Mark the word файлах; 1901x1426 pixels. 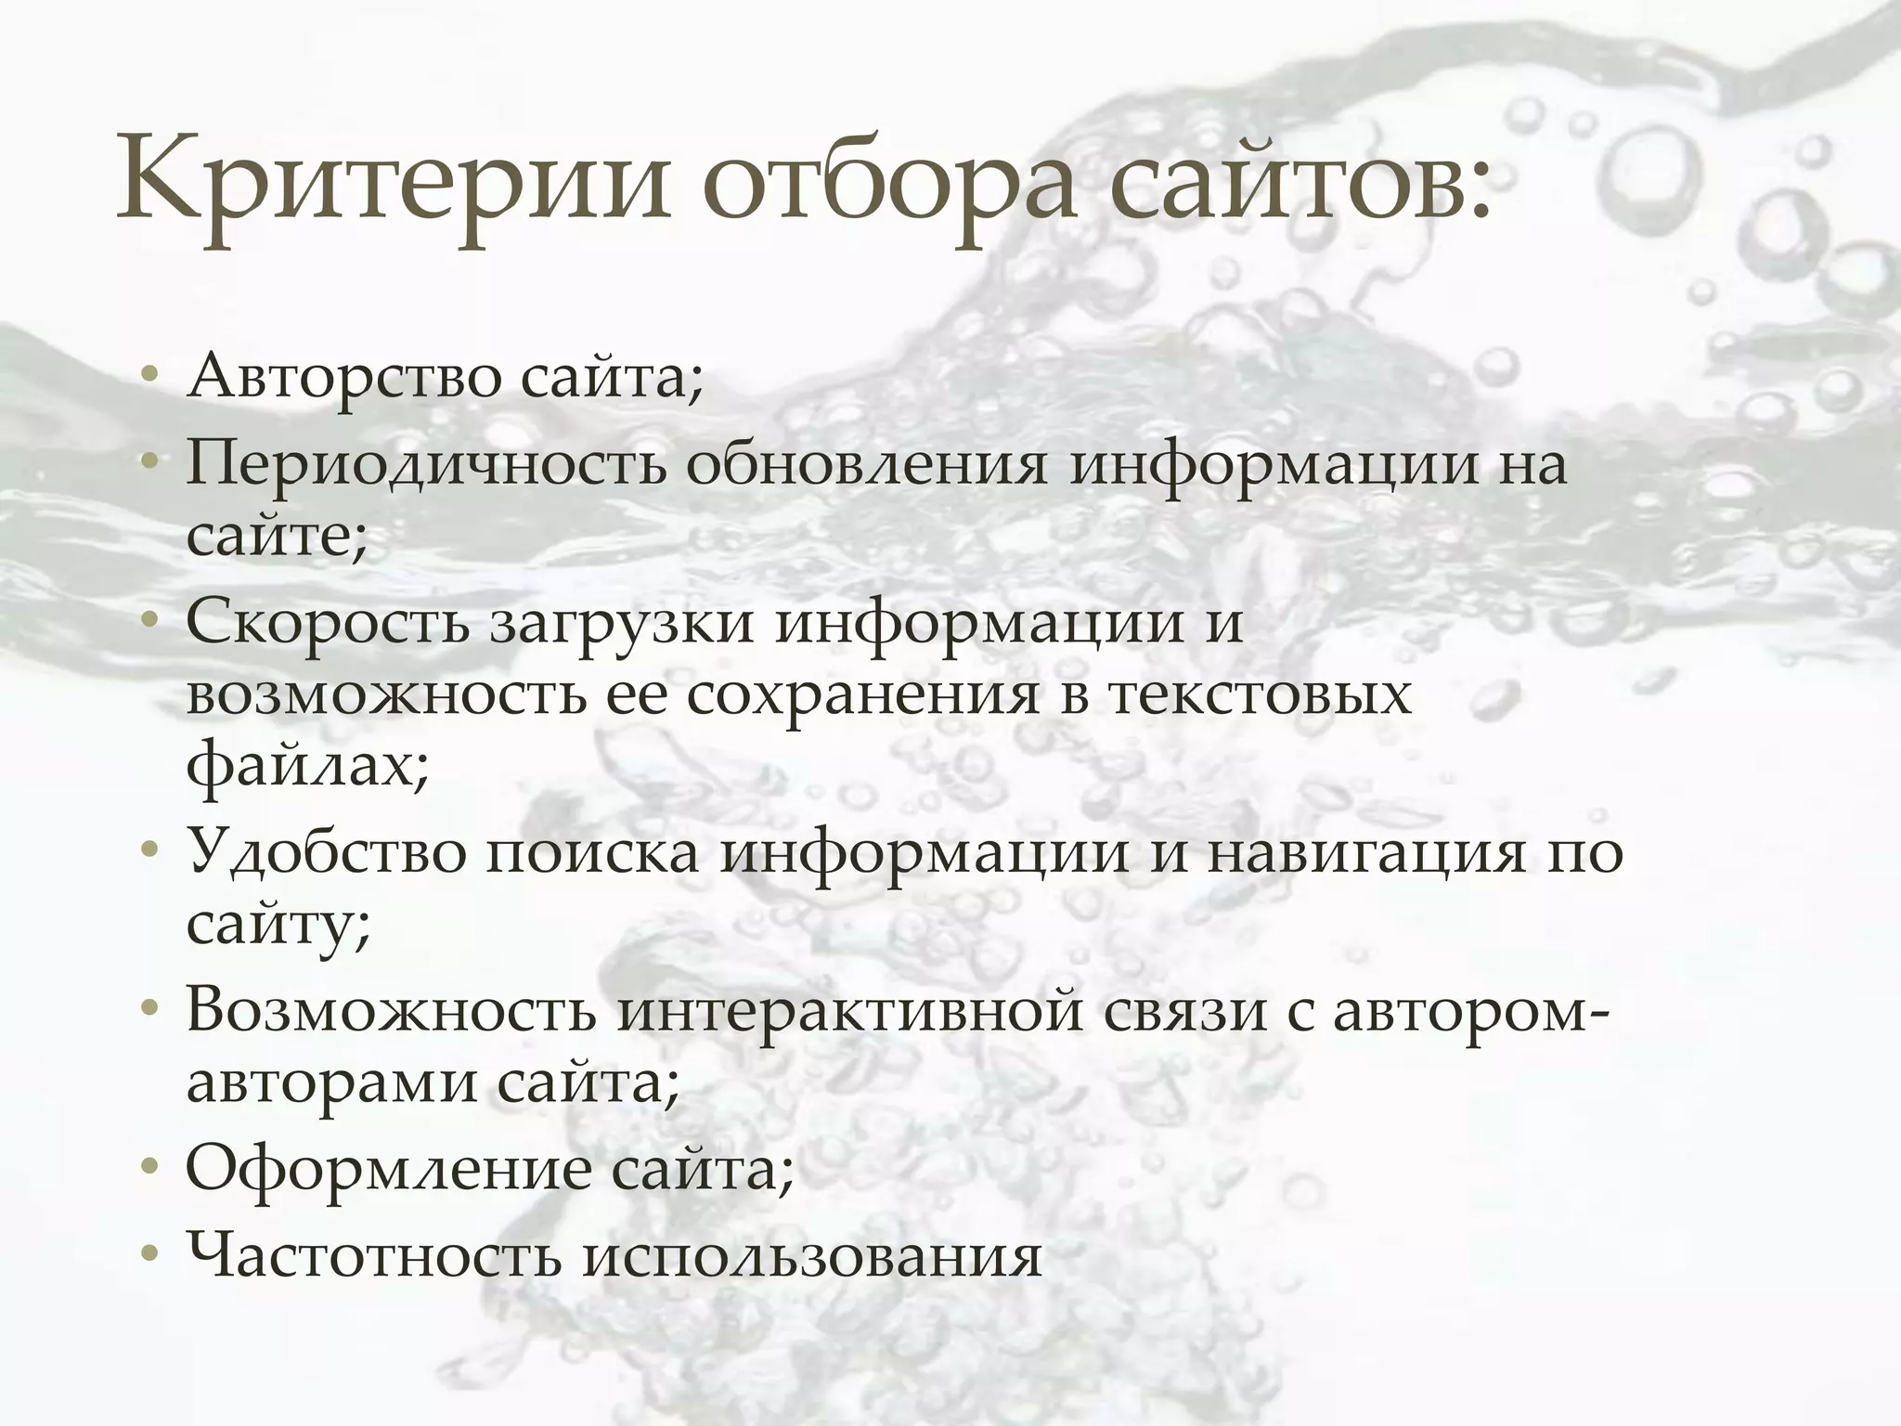tap(307, 767)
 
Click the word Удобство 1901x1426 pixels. tap(326, 852)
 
